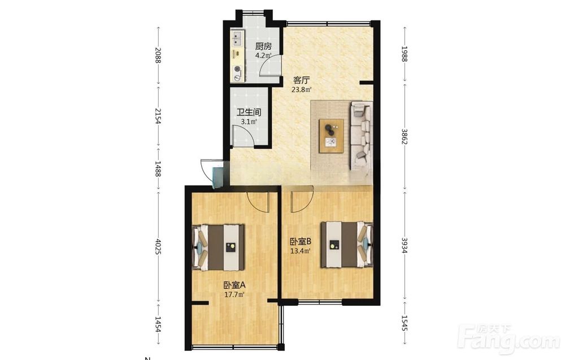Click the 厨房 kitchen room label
263,46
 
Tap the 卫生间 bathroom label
249,112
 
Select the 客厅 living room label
302,80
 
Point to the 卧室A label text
234,285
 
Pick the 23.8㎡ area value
301,89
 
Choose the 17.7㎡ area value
234,294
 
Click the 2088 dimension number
158,55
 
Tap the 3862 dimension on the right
405,137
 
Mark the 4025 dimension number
158,246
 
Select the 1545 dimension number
405,323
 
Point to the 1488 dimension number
158,168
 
